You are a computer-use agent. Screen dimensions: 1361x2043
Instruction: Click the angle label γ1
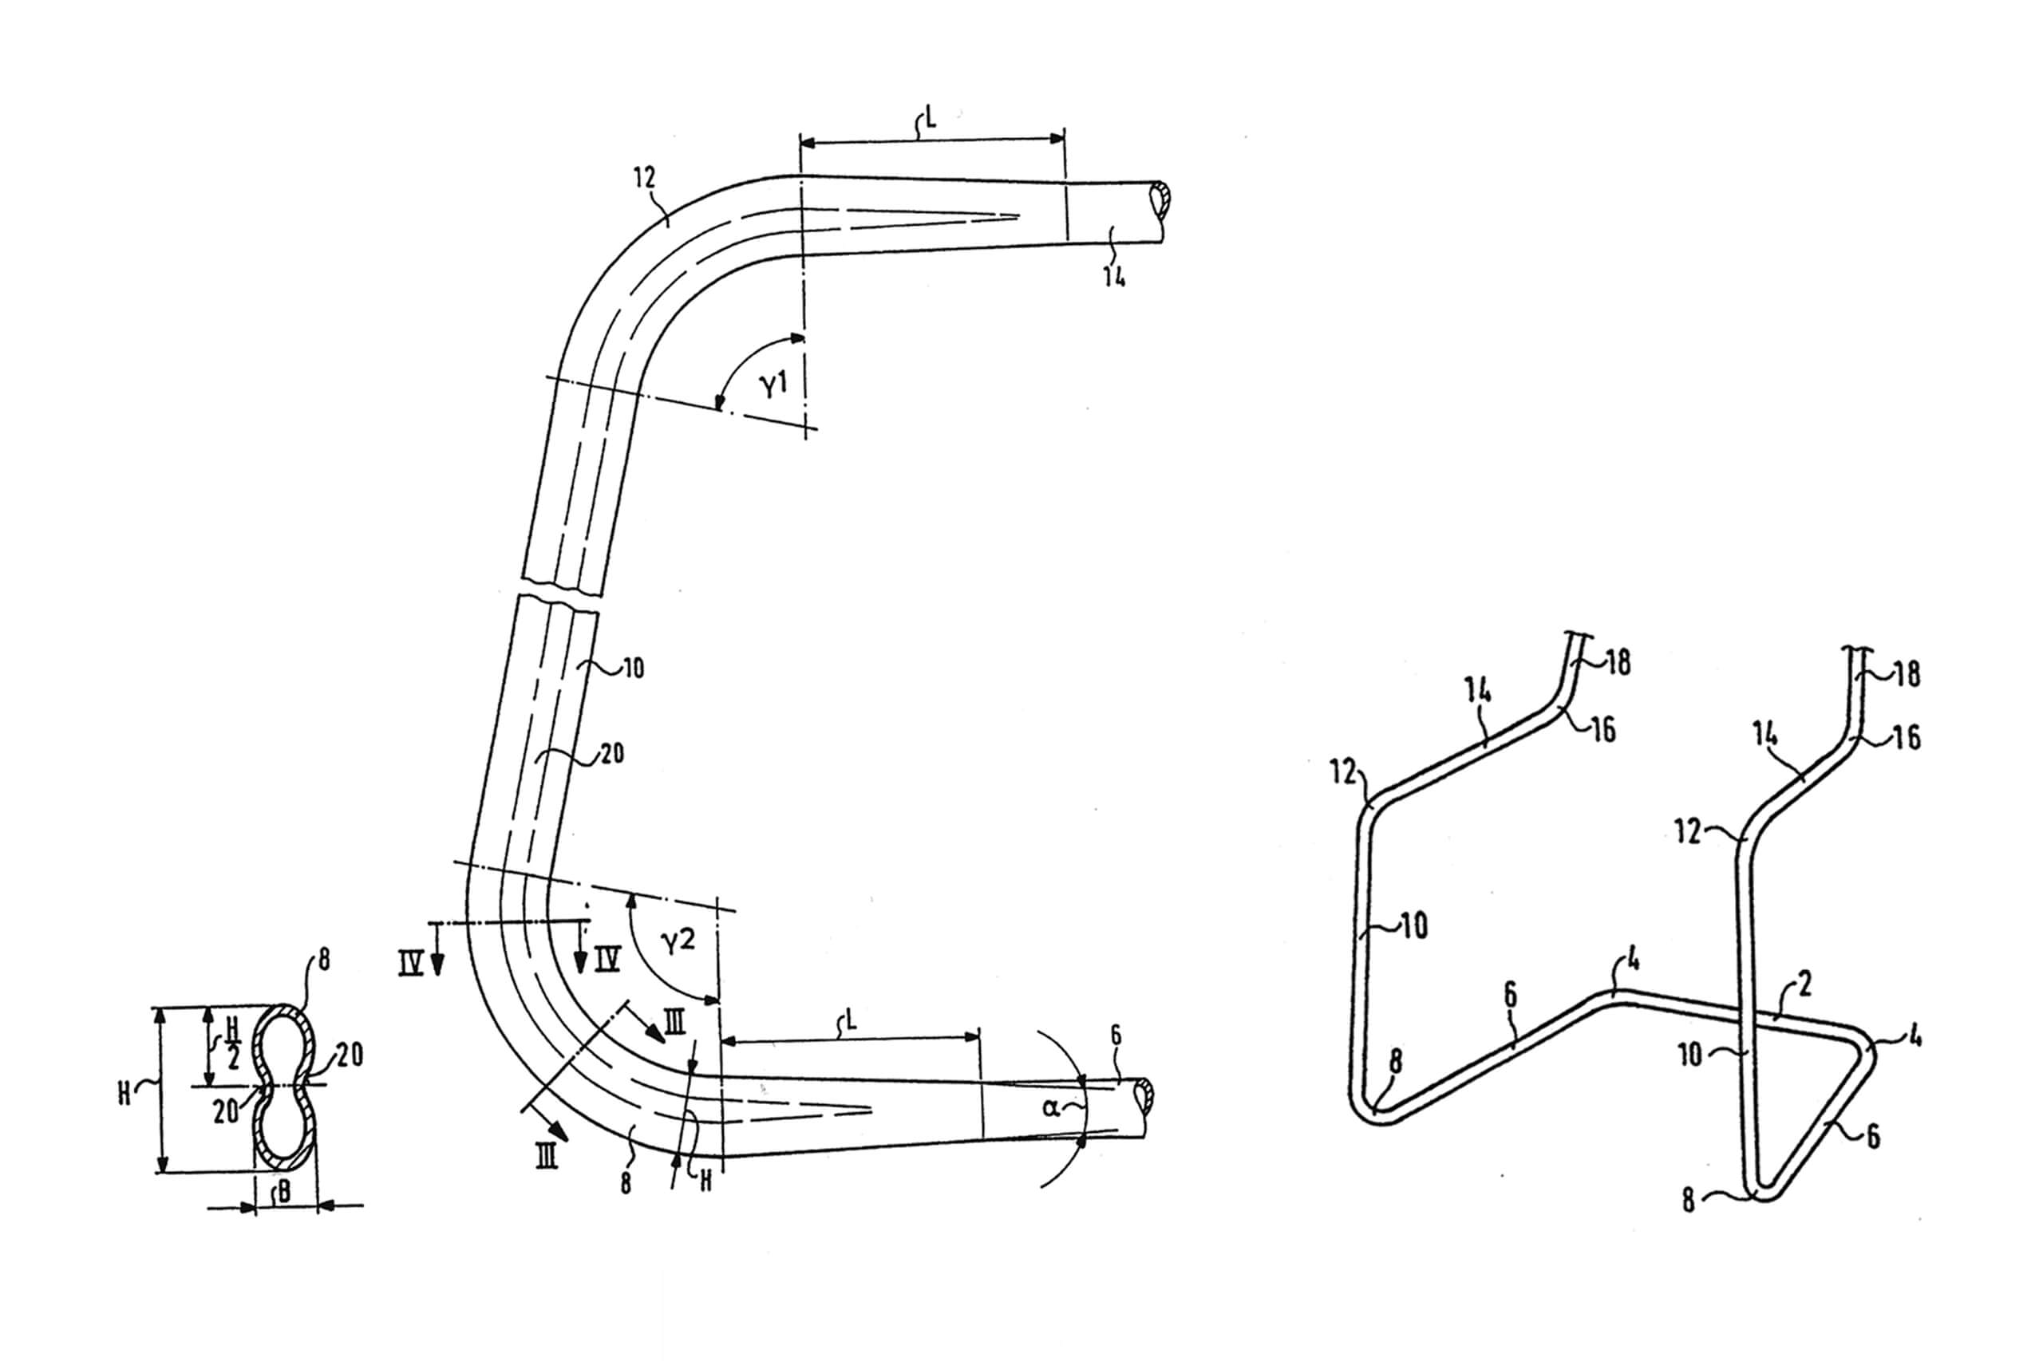(773, 383)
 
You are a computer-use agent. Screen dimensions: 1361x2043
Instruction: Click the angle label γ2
(678, 941)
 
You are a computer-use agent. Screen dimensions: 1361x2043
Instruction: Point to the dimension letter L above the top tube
(930, 119)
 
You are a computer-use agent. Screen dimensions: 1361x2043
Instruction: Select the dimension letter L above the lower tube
(851, 1020)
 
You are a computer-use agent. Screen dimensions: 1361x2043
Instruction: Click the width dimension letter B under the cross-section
(283, 1193)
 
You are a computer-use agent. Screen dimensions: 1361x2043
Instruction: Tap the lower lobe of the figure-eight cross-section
(283, 1128)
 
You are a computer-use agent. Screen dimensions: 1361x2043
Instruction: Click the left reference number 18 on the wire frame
(1618, 663)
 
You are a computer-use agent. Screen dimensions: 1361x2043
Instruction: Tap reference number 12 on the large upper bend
(644, 178)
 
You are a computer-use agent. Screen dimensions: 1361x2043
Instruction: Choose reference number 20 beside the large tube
(611, 753)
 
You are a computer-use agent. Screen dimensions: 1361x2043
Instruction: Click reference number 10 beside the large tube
(633, 669)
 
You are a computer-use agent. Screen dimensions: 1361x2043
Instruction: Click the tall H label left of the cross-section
(124, 1094)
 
